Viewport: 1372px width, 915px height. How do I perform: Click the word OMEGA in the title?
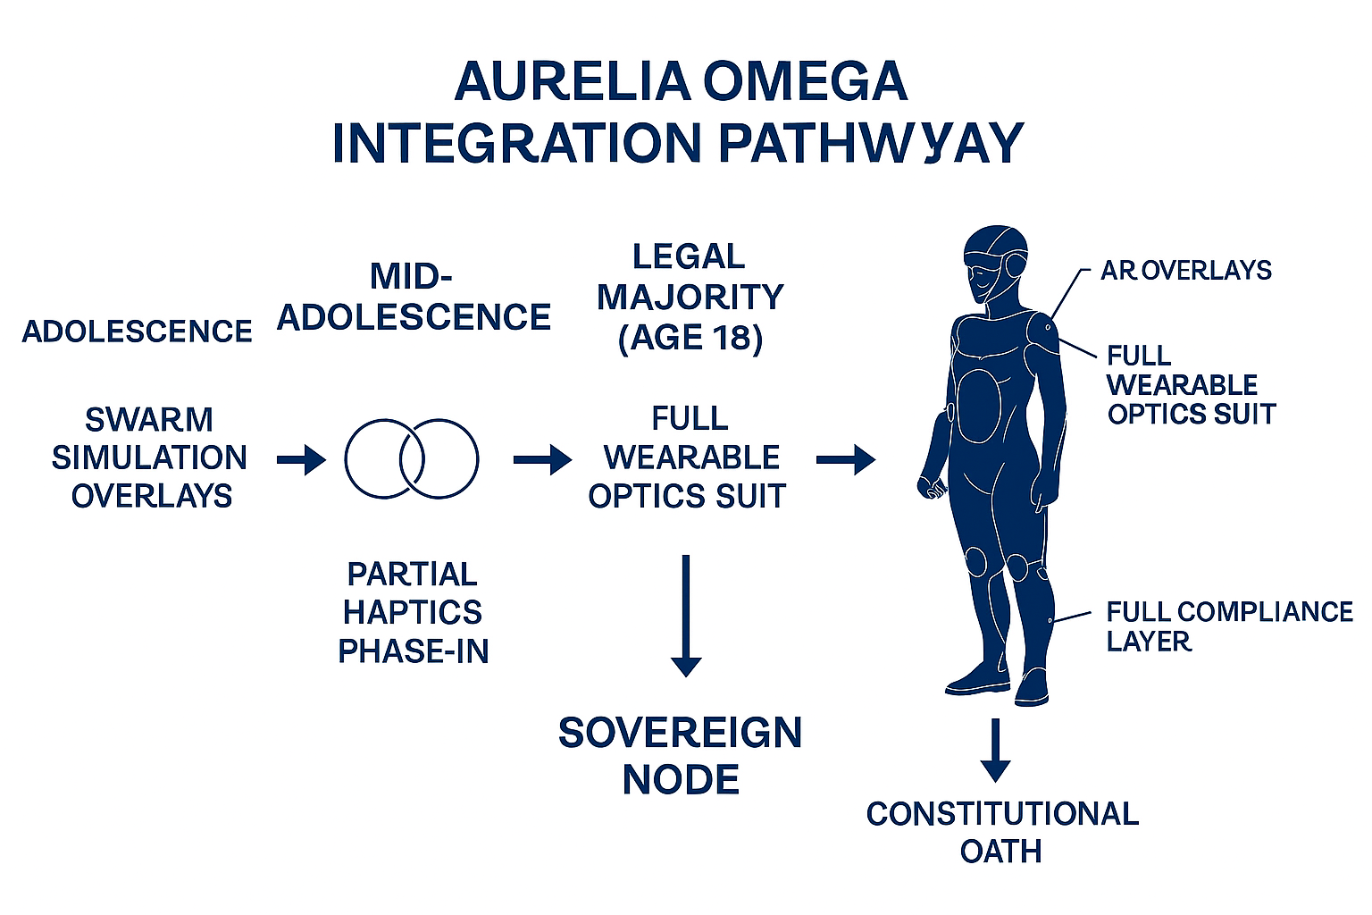[805, 82]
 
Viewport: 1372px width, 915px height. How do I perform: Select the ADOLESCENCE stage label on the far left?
[137, 332]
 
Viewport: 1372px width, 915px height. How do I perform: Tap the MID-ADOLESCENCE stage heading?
[413, 298]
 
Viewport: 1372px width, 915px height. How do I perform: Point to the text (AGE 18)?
[690, 338]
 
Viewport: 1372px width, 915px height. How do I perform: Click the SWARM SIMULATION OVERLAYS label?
[150, 457]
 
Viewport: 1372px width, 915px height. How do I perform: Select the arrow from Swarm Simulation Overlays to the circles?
[301, 460]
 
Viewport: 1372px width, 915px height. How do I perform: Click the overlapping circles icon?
[412, 458]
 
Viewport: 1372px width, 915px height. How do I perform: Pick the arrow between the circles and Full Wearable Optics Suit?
[542, 460]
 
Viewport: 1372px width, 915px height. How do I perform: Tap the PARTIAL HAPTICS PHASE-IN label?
[413, 612]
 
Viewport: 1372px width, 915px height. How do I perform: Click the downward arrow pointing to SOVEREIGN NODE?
[685, 616]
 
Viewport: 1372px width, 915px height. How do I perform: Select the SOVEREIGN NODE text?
[680, 756]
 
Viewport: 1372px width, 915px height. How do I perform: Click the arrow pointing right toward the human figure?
[845, 460]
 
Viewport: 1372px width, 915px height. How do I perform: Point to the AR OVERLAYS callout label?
[1185, 270]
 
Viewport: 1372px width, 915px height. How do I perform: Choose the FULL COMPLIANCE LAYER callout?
[1228, 625]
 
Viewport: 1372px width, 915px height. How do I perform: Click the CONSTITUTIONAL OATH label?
[1002, 832]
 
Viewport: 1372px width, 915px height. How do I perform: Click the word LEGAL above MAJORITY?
[689, 256]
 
